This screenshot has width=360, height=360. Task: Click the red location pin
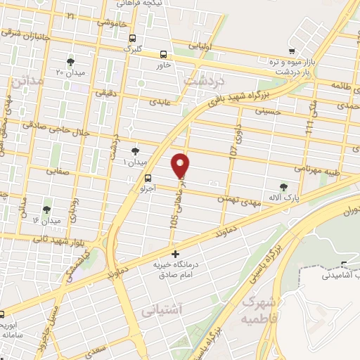[181, 165]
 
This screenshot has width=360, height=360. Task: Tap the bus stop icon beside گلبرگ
[134, 39]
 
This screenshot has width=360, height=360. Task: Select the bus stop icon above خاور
[165, 54]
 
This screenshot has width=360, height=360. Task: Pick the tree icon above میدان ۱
[136, 150]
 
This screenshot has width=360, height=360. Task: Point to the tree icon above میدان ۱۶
[46, 210]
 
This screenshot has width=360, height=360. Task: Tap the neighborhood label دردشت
[198, 81]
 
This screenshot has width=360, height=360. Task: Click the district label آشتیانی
[161, 309]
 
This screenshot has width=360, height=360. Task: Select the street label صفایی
[58, 170]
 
